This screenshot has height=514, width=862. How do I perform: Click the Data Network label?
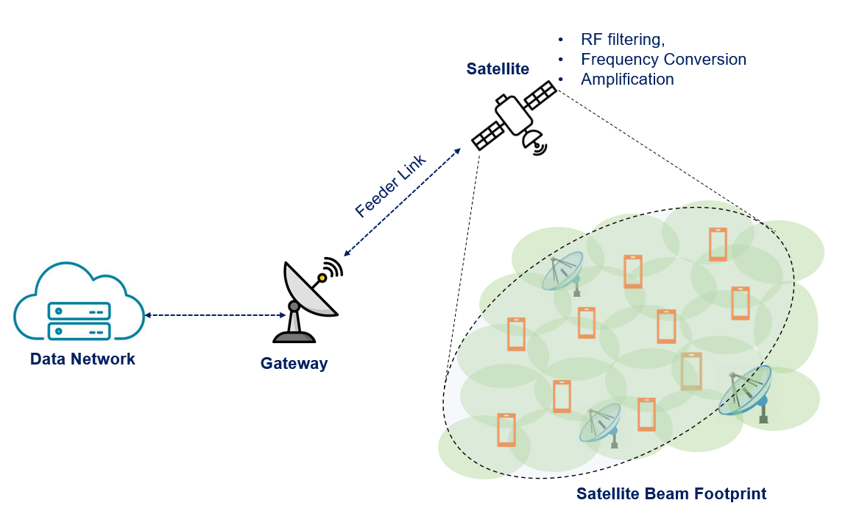82,359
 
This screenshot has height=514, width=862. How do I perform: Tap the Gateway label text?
294,363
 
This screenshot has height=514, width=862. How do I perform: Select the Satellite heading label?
498,69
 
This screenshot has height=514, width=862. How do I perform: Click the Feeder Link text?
390,186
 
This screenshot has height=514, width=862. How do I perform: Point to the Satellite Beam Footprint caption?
671,493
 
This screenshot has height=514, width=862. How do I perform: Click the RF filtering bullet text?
622,39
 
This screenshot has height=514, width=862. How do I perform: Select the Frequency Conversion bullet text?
663,59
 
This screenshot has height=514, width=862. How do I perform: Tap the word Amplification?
627,79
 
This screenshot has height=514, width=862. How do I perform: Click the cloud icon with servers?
79,303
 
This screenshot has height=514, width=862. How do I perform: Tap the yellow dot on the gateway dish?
322,278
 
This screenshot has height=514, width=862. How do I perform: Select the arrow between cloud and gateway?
215,315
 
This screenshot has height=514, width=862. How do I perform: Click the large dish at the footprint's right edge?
746,392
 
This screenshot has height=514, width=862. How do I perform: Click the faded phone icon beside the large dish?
691,371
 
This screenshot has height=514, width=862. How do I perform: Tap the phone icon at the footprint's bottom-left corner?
506,430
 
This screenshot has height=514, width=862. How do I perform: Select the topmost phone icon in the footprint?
718,244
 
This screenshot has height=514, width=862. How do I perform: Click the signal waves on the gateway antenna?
334,267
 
